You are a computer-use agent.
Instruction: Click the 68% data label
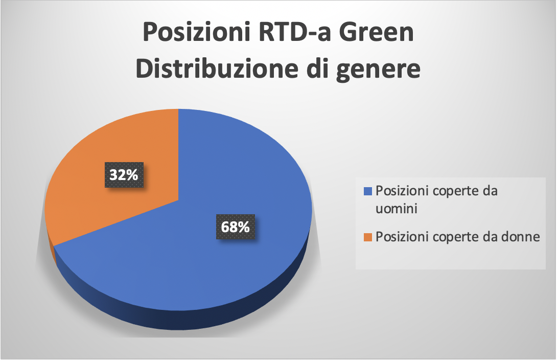(x=236, y=227)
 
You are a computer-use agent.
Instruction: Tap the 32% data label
(x=124, y=175)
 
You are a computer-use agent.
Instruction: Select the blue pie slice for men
(x=199, y=228)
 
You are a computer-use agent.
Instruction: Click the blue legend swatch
(x=367, y=191)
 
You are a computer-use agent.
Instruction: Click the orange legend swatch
(x=367, y=237)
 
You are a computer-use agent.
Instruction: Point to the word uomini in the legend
(x=397, y=209)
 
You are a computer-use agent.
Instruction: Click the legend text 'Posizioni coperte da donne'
(x=458, y=237)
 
